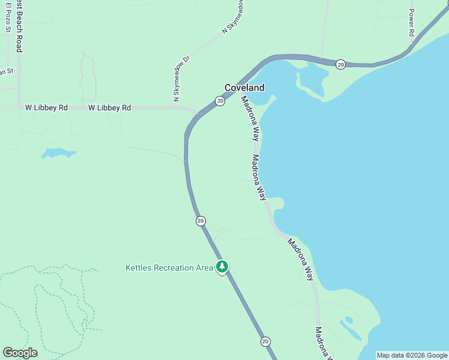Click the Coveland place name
[x=244, y=88]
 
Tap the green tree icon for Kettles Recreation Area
[x=222, y=266]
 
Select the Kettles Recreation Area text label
[x=169, y=268]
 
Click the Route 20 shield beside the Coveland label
[x=220, y=101]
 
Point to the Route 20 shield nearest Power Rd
[x=340, y=64]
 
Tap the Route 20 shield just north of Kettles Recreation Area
[x=200, y=221]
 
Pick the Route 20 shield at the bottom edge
[x=265, y=341]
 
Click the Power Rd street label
[x=412, y=23]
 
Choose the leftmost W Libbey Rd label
[x=46, y=108]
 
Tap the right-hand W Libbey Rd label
[x=109, y=108]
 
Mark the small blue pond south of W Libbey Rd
[x=58, y=153]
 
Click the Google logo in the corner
[x=20, y=352]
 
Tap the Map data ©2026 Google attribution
[x=412, y=355]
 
